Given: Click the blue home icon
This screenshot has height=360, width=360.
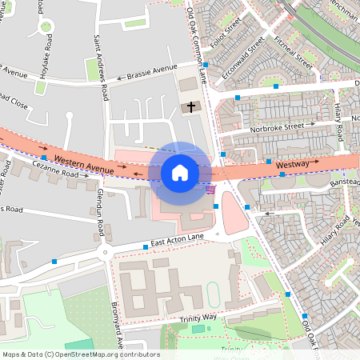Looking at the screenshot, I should (x=180, y=172).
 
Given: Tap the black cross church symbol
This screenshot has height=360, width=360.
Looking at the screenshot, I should (x=190, y=106).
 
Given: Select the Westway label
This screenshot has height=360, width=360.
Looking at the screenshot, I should (x=292, y=164).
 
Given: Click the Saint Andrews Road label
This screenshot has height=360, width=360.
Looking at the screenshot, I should (x=100, y=67).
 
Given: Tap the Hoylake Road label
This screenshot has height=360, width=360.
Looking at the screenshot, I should (x=47, y=54).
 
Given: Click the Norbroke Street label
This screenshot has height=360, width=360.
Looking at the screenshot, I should (x=277, y=125).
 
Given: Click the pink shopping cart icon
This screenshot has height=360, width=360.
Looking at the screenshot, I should (x=210, y=189).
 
